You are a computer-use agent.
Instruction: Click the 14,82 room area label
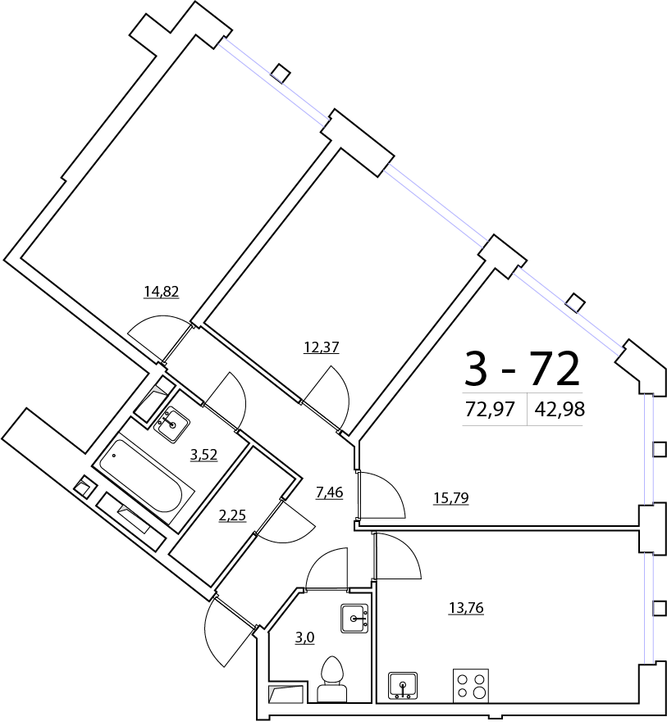click(x=161, y=291)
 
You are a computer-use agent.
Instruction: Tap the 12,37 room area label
click(x=321, y=347)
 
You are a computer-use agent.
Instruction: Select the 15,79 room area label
click(x=450, y=497)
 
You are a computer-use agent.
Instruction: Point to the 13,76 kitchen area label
click(x=465, y=607)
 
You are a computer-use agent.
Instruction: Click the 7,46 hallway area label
click(x=329, y=492)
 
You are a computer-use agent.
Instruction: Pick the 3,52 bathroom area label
click(x=203, y=455)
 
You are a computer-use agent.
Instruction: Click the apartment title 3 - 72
click(x=522, y=368)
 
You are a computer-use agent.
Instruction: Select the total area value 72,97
click(x=490, y=410)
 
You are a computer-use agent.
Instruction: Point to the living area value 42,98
click(x=560, y=410)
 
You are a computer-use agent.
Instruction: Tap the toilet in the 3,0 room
click(x=332, y=680)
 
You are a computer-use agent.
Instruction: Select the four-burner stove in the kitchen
click(x=470, y=685)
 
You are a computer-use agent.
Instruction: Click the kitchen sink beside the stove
click(x=403, y=685)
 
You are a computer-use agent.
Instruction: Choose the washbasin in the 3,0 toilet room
click(x=355, y=618)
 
